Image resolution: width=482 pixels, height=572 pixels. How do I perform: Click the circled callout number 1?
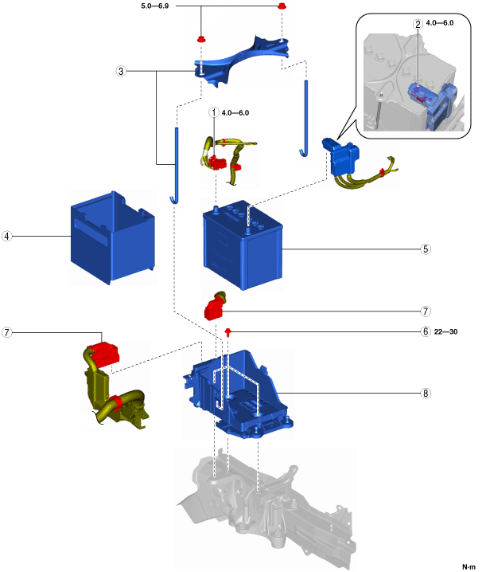click(x=214, y=112)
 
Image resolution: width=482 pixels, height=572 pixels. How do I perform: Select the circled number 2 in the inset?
click(x=418, y=25)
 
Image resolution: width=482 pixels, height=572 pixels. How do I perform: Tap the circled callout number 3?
click(x=121, y=71)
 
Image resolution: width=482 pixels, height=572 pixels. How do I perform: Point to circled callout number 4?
click(x=6, y=236)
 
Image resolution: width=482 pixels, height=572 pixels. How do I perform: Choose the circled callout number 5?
click(x=426, y=249)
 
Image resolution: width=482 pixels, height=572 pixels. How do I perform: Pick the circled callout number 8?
click(x=426, y=394)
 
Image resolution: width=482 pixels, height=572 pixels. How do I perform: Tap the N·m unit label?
click(x=468, y=566)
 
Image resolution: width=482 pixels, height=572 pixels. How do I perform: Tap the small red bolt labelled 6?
click(x=228, y=331)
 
